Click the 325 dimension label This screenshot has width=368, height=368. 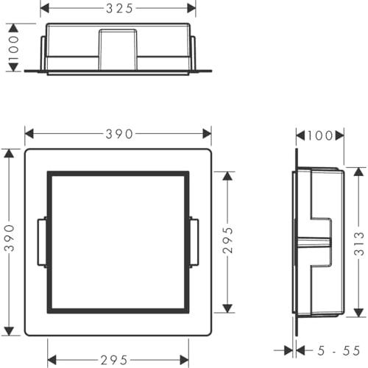(119, 9)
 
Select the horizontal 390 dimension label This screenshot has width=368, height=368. (119, 134)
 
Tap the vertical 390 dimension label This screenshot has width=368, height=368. (10, 238)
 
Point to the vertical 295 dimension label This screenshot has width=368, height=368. (227, 240)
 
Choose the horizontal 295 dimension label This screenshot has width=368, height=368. (114, 360)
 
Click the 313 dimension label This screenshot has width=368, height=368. (359, 244)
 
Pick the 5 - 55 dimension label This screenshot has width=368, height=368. (339, 351)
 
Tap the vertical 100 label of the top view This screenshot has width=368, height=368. (14, 48)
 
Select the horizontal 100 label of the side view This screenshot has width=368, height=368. (320, 135)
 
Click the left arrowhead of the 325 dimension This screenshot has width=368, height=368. (45, 9)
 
